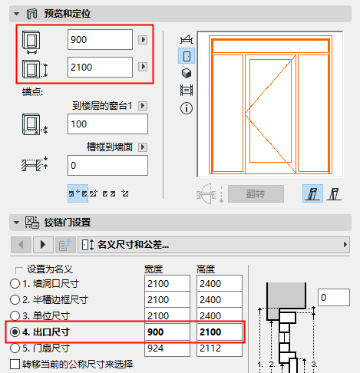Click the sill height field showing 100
point(107,124)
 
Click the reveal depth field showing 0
point(107,165)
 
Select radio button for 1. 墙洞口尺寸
point(15,284)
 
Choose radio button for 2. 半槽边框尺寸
point(15,300)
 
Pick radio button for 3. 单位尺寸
point(15,316)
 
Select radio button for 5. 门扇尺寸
point(15,348)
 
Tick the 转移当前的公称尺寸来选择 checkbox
point(15,364)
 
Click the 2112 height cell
point(219,348)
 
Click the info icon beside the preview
point(185,108)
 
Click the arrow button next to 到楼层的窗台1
point(143,105)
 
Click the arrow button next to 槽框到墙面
point(143,147)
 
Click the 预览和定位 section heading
point(68,13)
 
